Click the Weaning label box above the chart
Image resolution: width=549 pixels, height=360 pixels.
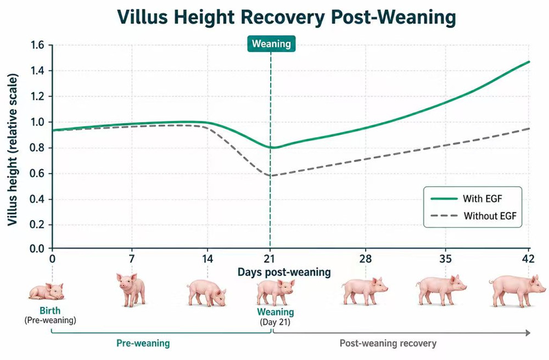[x=271, y=44]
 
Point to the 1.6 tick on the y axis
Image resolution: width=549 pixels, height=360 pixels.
[x=37, y=45]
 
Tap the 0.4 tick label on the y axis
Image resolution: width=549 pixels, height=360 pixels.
[x=37, y=199]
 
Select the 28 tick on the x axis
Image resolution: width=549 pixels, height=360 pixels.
[x=366, y=259]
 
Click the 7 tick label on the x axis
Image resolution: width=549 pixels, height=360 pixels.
[x=132, y=259]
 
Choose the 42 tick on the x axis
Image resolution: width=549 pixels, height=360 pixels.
[x=528, y=259]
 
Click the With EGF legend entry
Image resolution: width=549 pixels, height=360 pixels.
[x=466, y=199]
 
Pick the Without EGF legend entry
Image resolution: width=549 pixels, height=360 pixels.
[x=473, y=216]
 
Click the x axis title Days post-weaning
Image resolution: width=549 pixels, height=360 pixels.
[x=284, y=272]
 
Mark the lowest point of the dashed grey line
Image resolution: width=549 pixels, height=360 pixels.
[x=271, y=176]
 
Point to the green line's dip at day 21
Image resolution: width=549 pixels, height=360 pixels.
[x=273, y=148]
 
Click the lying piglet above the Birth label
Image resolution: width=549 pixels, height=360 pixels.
[x=46, y=291]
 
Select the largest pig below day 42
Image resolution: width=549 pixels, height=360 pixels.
[x=518, y=290]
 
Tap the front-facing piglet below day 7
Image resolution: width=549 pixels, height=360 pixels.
[x=131, y=290]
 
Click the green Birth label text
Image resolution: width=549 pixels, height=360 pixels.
[x=50, y=311]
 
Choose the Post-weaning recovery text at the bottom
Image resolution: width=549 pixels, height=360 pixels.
[x=388, y=344]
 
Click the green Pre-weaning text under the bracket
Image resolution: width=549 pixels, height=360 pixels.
[x=143, y=343]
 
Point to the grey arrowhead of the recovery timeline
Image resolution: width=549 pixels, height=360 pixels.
[x=528, y=333]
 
